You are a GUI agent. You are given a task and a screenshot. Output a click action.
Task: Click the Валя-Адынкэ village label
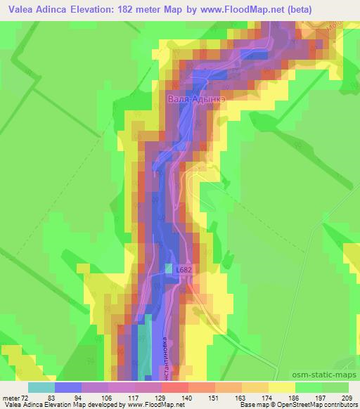(197, 100)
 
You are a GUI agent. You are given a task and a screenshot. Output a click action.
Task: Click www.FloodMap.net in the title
(232, 8)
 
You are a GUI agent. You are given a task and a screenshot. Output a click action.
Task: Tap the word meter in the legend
(13, 397)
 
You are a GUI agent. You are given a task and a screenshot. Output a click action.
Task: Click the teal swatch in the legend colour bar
(41, 387)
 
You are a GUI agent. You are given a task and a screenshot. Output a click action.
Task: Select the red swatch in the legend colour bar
(175, 387)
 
